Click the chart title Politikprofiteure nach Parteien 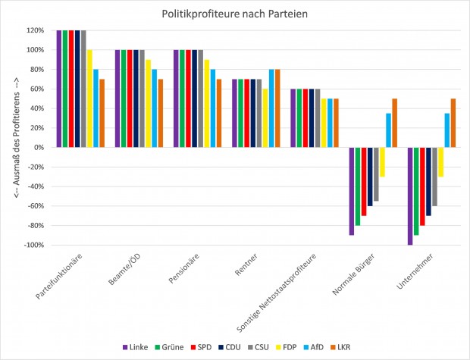[x=235, y=14]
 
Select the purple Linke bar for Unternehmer [x=411, y=196]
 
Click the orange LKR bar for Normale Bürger [x=395, y=123]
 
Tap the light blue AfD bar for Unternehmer [x=447, y=130]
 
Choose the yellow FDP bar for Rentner [x=265, y=118]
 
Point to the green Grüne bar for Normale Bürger [x=358, y=186]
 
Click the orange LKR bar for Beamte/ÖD [x=160, y=113]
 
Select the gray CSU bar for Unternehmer [x=435, y=177]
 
